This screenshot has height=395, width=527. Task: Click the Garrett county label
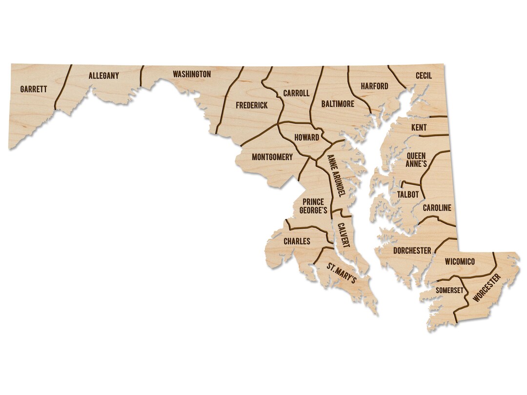tap(34, 89)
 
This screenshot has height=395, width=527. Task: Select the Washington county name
tap(192, 74)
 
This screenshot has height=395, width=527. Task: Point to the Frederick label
tap(251, 105)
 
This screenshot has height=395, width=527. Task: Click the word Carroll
tap(296, 93)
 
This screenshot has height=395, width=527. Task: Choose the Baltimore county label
tap(338, 104)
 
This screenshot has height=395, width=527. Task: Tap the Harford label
tap(374, 86)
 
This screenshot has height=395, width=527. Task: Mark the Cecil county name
tap(424, 76)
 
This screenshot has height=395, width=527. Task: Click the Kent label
tap(419, 128)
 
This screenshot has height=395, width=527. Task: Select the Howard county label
tap(307, 138)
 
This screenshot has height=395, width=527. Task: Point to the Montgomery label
tap(272, 157)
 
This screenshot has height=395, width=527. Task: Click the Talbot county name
tap(408, 194)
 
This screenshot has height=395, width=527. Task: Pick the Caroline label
tap(437, 208)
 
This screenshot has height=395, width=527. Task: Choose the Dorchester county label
tap(412, 251)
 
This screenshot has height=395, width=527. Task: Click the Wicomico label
tap(460, 262)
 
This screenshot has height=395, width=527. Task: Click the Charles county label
tap(297, 241)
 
